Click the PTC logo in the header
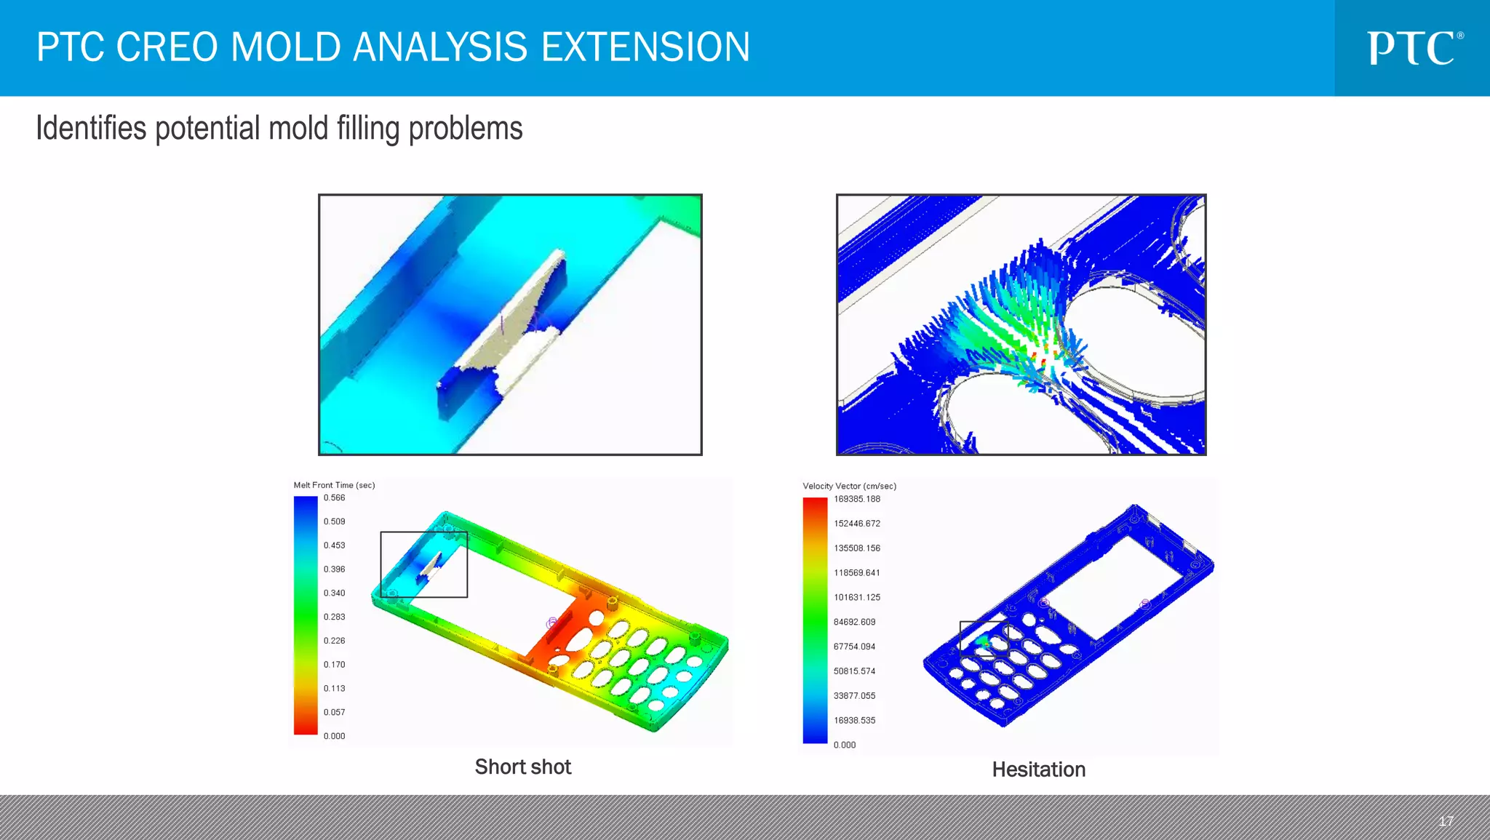[1414, 48]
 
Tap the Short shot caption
[522, 767]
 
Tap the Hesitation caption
[1038, 769]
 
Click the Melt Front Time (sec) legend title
[334, 485]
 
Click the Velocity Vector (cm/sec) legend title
[849, 486]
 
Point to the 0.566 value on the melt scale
[334, 498]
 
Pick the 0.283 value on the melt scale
[334, 617]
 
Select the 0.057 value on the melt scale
[334, 712]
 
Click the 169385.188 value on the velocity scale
[856, 499]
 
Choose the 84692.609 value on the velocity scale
[854, 622]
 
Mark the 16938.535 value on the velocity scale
[854, 720]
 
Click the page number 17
[1446, 821]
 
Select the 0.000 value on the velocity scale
[844, 745]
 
